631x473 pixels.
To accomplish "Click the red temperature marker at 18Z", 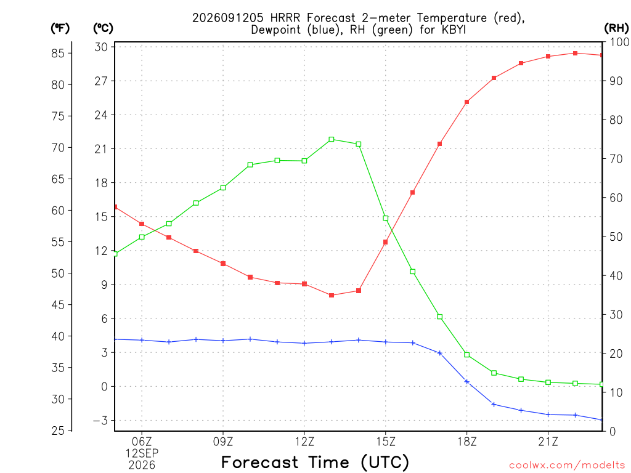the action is (x=467, y=102).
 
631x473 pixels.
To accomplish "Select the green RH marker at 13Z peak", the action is (x=332, y=140).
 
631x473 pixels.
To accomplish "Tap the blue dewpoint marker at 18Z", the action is (x=467, y=382).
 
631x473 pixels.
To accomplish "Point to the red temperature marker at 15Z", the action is (x=386, y=242).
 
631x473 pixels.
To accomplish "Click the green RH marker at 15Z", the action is (x=386, y=219).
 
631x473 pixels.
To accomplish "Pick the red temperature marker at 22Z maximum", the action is (x=576, y=54).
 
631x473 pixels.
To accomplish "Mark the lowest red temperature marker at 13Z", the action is (x=332, y=295).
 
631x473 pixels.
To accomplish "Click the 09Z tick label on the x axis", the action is (x=223, y=442).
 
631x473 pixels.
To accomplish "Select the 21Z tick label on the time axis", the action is (x=548, y=442).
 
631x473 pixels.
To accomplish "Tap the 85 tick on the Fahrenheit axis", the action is (x=58, y=53).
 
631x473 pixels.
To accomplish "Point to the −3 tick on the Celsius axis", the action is (x=100, y=421).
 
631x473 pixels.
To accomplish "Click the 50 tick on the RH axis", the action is (x=616, y=237).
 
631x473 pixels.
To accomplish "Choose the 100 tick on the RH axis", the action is (x=619, y=42).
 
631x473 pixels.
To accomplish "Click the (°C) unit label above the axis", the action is (x=103, y=28).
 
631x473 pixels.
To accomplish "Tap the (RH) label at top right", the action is (x=616, y=28).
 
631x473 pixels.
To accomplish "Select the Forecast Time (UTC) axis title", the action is (x=315, y=463).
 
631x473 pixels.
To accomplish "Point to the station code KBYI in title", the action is (x=454, y=30).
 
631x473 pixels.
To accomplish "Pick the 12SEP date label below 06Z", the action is (x=142, y=453).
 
